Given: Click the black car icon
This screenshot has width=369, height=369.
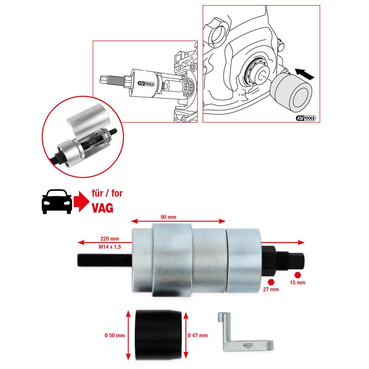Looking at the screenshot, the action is point(56,202).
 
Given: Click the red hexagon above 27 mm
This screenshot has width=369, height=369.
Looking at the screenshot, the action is point(272,282).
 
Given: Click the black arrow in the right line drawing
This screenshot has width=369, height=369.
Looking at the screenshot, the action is point(304,73).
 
